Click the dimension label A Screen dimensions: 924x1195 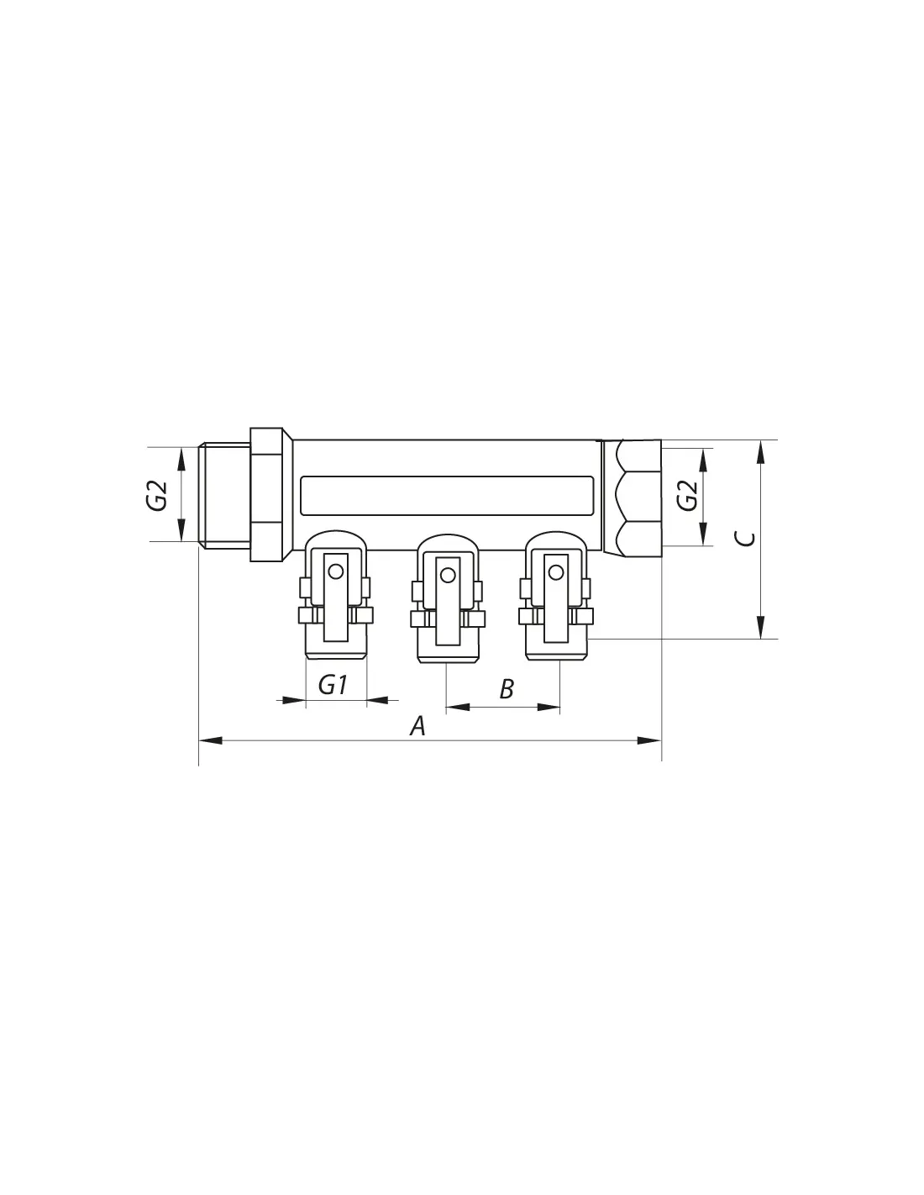tap(417, 725)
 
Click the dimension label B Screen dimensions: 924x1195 tap(507, 689)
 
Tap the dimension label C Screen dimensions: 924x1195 tap(746, 539)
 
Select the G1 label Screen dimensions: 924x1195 tap(333, 685)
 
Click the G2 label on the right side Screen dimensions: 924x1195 tap(687, 496)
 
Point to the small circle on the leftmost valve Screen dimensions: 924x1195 tap(335, 572)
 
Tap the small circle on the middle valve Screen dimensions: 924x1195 tap(448, 575)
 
